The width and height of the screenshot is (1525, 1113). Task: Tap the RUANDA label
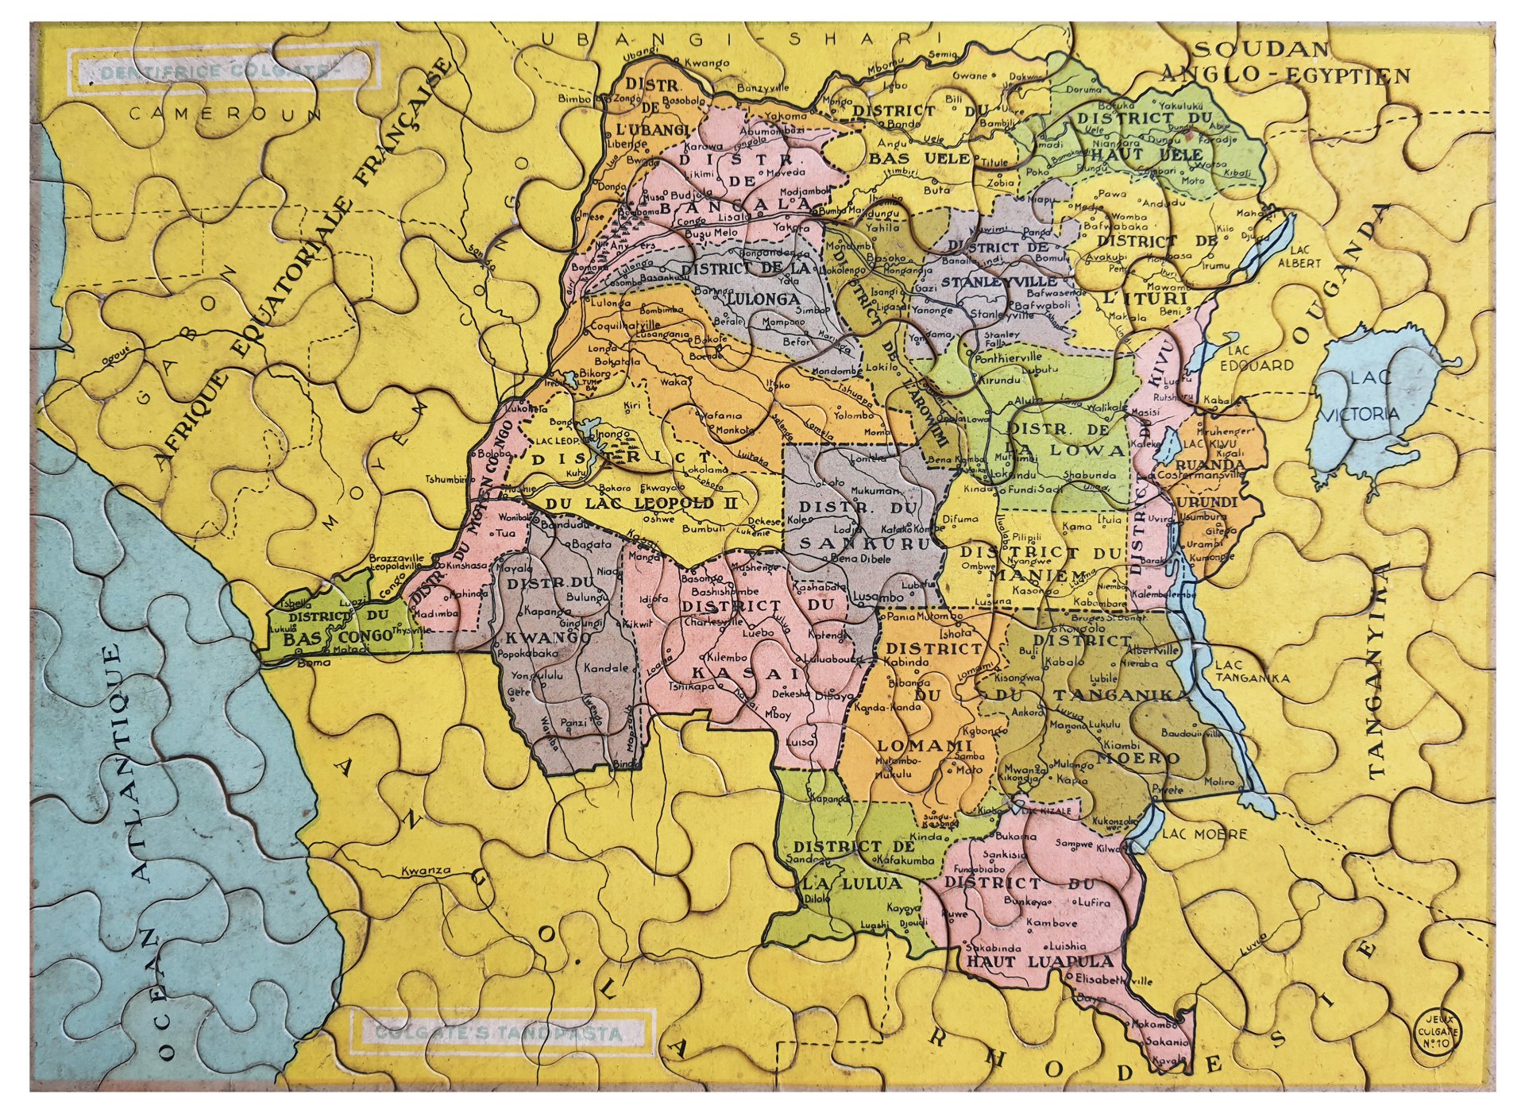(1210, 463)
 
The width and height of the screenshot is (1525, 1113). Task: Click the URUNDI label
(1207, 503)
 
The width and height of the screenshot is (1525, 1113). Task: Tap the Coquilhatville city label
(624, 325)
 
